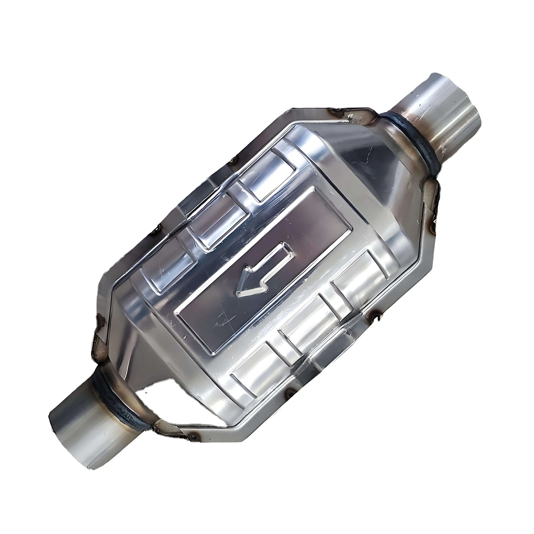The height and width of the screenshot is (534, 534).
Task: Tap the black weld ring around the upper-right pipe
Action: click(x=412, y=144)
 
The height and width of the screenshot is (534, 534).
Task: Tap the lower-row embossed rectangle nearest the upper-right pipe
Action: click(x=359, y=282)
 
